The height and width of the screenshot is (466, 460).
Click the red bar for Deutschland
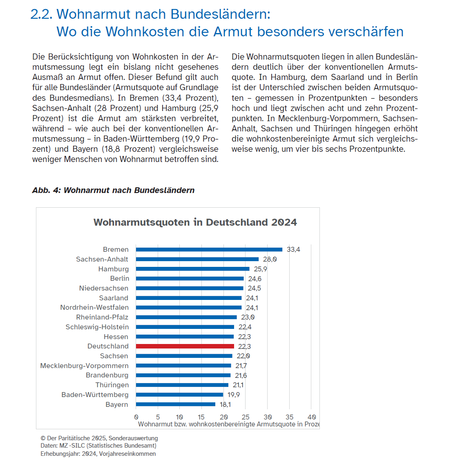pyautogui.click(x=185, y=346)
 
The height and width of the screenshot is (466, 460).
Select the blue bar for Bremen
pyautogui.click(x=209, y=249)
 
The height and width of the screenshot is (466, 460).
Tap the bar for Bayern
pyautogui.click(x=176, y=404)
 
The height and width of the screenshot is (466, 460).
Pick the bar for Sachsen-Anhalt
pyautogui.click(x=197, y=259)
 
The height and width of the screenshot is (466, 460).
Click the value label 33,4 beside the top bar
pyautogui.click(x=293, y=249)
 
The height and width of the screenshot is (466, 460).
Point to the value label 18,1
pyautogui.click(x=225, y=404)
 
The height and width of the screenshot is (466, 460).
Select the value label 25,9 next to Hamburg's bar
pyautogui.click(x=260, y=269)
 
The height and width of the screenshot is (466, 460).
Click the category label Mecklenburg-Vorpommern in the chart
pyautogui.click(x=84, y=366)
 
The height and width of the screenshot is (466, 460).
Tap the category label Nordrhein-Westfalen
pyautogui.click(x=94, y=307)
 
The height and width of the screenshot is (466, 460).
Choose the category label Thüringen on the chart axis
pyautogui.click(x=112, y=385)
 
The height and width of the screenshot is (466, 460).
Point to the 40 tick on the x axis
pyautogui.click(x=312, y=417)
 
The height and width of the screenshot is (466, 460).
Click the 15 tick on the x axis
pyautogui.click(x=201, y=417)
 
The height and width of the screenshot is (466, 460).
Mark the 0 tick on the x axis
pyautogui.click(x=136, y=417)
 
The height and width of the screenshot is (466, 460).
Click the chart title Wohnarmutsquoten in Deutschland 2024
pyautogui.click(x=195, y=222)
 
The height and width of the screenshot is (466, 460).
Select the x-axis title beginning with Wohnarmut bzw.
pyautogui.click(x=228, y=424)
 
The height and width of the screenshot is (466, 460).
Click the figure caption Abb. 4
pyautogui.click(x=113, y=190)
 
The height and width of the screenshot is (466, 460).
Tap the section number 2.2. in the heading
pyautogui.click(x=41, y=14)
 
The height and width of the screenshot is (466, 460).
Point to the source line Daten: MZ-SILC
pyautogui.click(x=98, y=446)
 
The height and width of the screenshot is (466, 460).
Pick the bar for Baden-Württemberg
pyautogui.click(x=179, y=395)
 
